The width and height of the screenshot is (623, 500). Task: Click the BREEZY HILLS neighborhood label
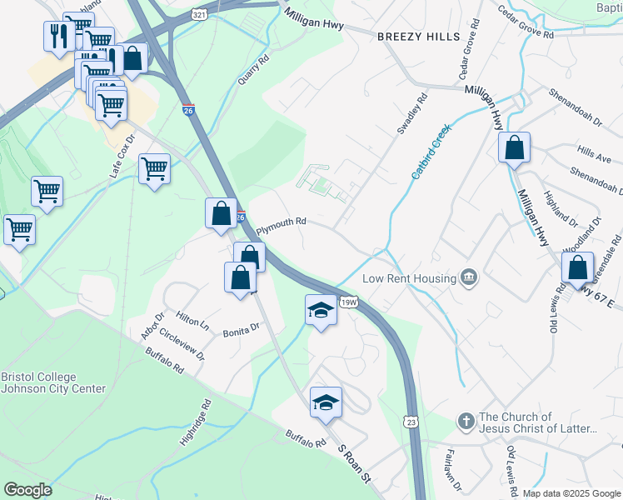click(x=418, y=37)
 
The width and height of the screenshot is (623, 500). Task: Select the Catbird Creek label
click(x=430, y=151)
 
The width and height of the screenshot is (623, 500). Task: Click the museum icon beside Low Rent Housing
click(x=469, y=277)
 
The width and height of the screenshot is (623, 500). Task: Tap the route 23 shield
click(x=411, y=423)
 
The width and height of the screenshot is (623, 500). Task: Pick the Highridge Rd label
click(x=195, y=421)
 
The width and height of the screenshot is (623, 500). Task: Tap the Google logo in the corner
click(x=27, y=490)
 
